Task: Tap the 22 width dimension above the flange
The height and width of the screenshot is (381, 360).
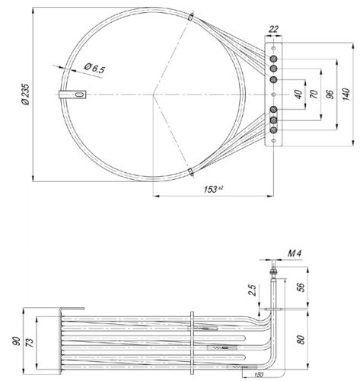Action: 272,30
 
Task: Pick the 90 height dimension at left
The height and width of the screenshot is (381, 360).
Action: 16,338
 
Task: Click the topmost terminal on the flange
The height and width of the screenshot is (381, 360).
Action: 273,53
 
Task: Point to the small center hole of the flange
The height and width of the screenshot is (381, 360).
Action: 273,94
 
